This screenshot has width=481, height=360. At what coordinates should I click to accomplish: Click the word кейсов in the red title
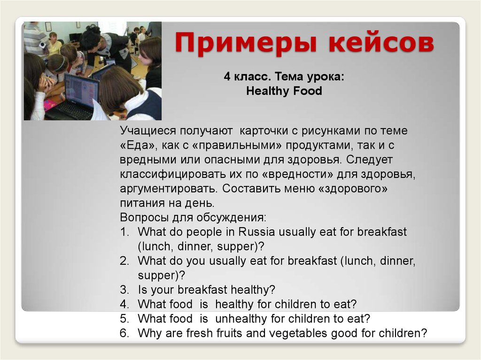click(x=381, y=42)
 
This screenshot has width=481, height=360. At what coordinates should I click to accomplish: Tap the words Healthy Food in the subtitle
click(x=284, y=91)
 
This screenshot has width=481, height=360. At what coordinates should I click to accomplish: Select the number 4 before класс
click(x=227, y=76)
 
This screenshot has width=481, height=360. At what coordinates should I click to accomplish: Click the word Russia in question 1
click(x=256, y=231)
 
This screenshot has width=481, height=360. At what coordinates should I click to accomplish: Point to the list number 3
click(x=124, y=290)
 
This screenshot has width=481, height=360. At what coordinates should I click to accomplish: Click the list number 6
click(x=124, y=333)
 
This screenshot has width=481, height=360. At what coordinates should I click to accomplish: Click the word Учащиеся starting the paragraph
click(x=148, y=131)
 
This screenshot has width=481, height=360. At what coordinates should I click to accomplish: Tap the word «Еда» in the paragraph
click(x=138, y=145)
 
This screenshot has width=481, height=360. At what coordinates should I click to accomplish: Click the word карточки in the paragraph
click(x=264, y=131)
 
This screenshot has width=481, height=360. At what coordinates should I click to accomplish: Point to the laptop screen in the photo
click(x=81, y=89)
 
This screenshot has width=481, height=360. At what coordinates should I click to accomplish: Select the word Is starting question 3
click(x=142, y=290)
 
